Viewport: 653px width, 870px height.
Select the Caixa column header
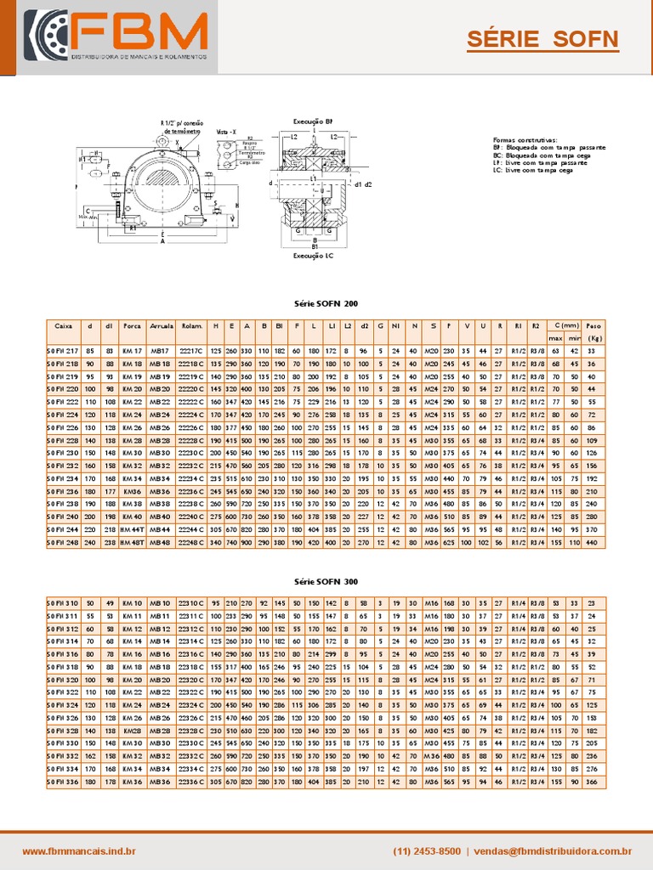[x=63, y=325]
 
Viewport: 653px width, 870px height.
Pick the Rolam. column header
[x=191, y=325]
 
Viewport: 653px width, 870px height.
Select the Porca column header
[x=132, y=325]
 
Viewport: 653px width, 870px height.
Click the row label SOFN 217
[x=63, y=350]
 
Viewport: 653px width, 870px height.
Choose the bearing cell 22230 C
[x=191, y=453]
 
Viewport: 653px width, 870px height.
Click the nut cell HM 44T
[x=132, y=529]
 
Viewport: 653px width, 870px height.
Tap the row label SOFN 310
[x=63, y=603]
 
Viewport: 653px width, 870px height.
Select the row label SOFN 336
[x=63, y=782]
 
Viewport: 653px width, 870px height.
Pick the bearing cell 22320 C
[x=191, y=680]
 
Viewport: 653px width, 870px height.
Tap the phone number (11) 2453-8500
[x=427, y=850]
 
